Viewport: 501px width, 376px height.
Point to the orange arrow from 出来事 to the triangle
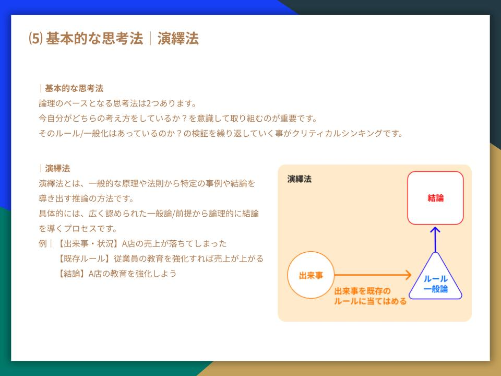click(x=373, y=275)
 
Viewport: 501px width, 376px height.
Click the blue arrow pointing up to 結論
click(x=435, y=240)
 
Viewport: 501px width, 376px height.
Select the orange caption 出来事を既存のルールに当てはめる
click(x=371, y=296)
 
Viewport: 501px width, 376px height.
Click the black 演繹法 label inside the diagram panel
click(x=300, y=179)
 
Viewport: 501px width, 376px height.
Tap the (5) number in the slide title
click(x=35, y=38)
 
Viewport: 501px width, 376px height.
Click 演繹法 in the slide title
click(x=178, y=38)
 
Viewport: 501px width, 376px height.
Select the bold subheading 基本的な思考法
click(x=74, y=88)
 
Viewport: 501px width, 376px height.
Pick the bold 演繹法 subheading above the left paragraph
click(x=57, y=168)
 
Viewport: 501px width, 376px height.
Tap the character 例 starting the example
click(x=42, y=244)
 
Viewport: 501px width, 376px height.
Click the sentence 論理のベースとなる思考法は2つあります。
click(x=117, y=103)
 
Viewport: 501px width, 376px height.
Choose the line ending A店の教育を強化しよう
click(x=116, y=274)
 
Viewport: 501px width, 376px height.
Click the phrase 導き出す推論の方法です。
click(x=86, y=198)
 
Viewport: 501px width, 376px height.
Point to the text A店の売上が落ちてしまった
click(x=174, y=244)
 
